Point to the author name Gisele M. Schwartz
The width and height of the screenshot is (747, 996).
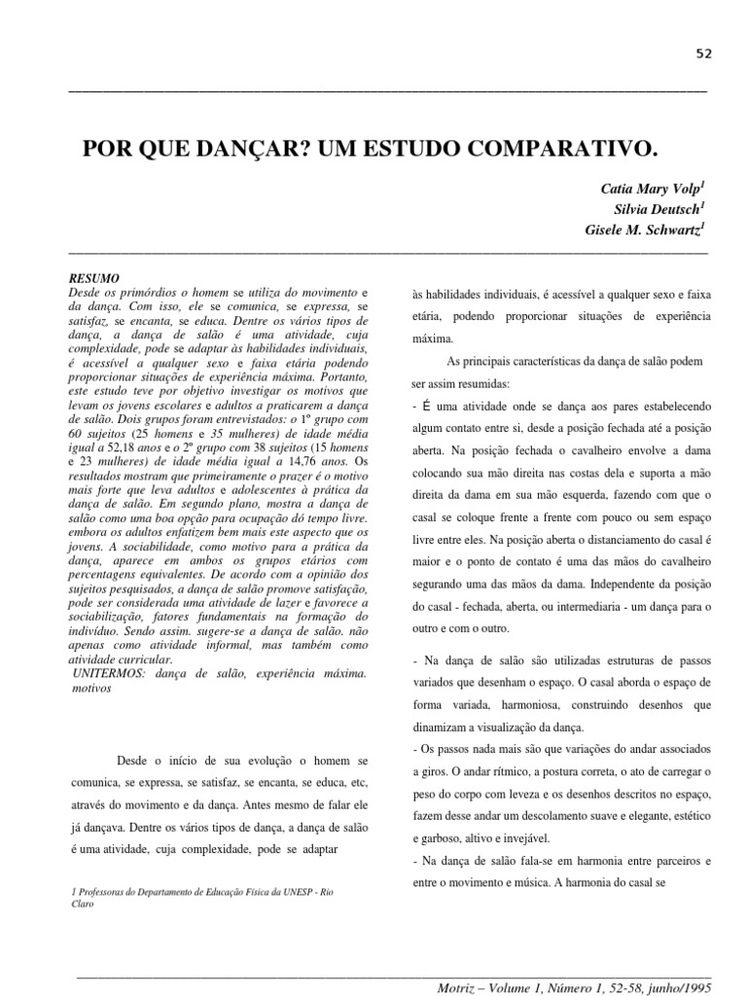(641, 230)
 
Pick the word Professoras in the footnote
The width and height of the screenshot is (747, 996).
(110, 893)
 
